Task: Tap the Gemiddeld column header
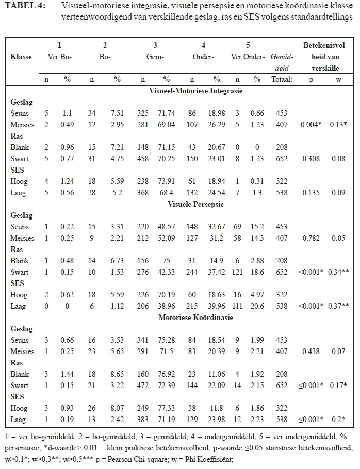point(282,62)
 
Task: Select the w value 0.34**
point(339,272)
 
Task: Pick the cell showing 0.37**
point(339,306)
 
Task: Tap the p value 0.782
point(310,238)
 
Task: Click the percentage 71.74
point(167,113)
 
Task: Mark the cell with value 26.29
point(217,125)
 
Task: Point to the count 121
point(237,272)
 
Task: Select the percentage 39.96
point(217,306)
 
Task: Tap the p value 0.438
point(310,351)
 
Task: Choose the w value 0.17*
point(339,386)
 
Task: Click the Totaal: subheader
point(282,79)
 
